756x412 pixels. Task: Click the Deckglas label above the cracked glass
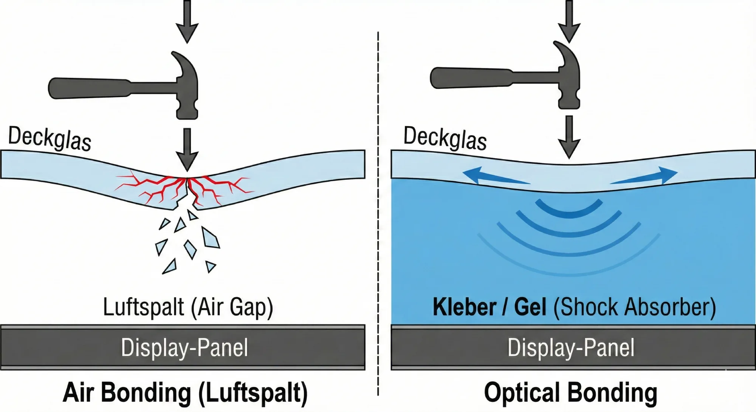coord(50,139)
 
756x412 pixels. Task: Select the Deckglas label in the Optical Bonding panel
coord(445,139)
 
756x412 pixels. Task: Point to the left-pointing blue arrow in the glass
coord(491,177)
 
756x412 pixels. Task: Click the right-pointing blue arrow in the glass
coord(646,177)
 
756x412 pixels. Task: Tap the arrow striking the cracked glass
coord(187,149)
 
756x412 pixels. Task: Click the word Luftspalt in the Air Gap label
coord(143,307)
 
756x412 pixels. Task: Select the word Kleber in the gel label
coord(465,307)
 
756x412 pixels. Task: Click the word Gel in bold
coord(530,307)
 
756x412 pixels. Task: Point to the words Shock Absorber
coord(635,307)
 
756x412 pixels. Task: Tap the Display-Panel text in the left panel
coord(184,347)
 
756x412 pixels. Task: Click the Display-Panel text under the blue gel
coord(571,347)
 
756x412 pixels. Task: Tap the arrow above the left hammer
coord(187,21)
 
